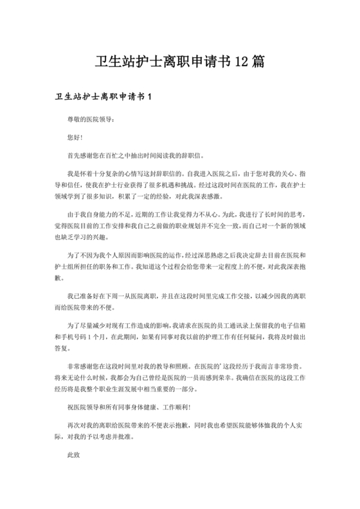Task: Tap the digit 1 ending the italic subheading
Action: (x=149, y=97)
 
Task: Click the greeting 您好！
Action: (x=75, y=138)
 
